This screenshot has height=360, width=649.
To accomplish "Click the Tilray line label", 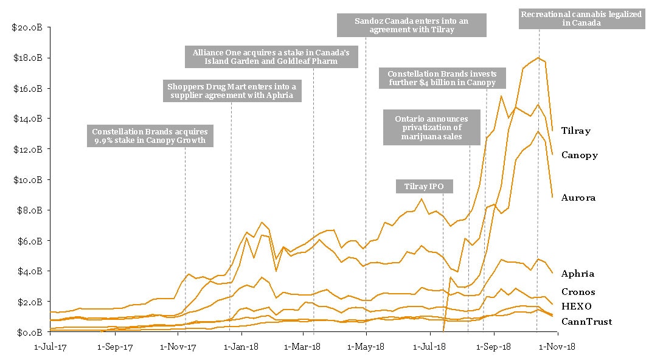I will tap(575, 131).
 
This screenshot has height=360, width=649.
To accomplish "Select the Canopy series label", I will tap(579, 155).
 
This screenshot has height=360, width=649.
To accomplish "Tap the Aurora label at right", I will tap(578, 198).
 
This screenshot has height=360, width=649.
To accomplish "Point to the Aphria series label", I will tap(578, 274).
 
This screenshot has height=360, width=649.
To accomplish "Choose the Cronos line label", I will tap(578, 292).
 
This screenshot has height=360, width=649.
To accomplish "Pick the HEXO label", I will tap(576, 306).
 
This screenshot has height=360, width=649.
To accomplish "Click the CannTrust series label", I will tap(586, 322).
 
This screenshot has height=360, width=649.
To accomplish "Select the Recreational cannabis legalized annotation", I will tap(581, 18).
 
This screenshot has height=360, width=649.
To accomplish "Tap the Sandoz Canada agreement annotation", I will tap(412, 26).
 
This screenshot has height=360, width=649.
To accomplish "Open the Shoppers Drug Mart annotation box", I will tap(231, 91).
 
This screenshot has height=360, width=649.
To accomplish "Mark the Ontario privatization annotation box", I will tap(431, 127).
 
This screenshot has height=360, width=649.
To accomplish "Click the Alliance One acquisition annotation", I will tap(271, 57).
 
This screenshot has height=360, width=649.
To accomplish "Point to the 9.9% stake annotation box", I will tap(150, 136).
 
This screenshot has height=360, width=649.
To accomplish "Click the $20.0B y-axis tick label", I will tap(27, 27).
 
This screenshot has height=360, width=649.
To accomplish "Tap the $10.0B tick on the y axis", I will tap(27, 180).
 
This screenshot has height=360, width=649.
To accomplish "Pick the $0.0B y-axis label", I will tap(29, 332).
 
